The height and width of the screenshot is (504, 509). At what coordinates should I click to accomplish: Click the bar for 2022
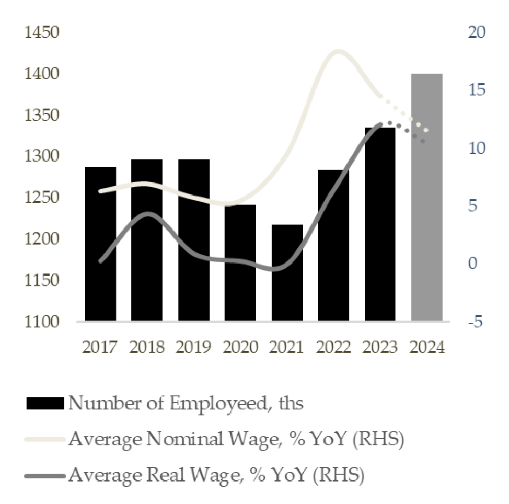click(x=333, y=246)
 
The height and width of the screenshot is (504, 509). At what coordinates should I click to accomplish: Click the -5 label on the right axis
click(x=476, y=322)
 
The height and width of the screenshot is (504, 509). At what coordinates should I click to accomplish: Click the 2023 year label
click(x=380, y=347)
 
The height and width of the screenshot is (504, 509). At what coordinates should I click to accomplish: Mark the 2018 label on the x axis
click(x=147, y=347)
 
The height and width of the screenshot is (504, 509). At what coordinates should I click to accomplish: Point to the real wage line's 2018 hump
click(x=147, y=214)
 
